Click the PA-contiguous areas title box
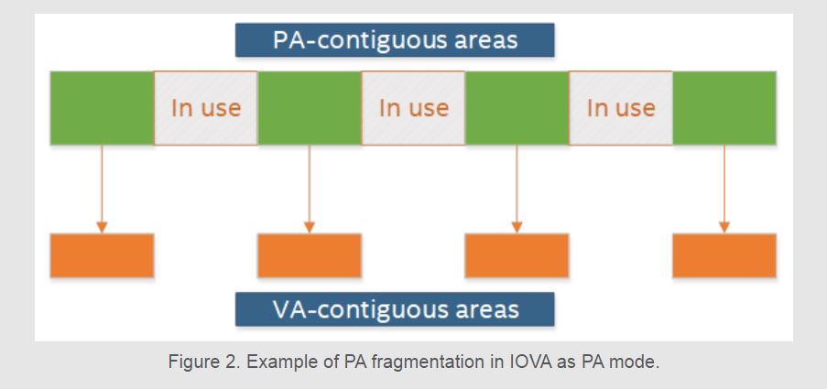(x=395, y=40)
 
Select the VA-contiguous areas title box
(x=395, y=309)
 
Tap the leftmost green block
(x=102, y=108)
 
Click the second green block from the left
(x=309, y=108)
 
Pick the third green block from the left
(x=517, y=108)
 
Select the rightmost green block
(x=724, y=108)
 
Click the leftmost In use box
(x=206, y=108)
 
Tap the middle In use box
(x=413, y=108)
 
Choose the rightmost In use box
(x=621, y=108)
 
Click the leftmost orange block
(x=102, y=255)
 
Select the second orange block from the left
(x=309, y=255)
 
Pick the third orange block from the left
(x=517, y=255)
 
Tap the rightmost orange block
(x=724, y=255)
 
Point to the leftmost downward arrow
(x=102, y=189)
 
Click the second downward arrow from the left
(x=309, y=189)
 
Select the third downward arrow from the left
(x=517, y=189)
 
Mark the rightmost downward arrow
(x=724, y=189)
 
